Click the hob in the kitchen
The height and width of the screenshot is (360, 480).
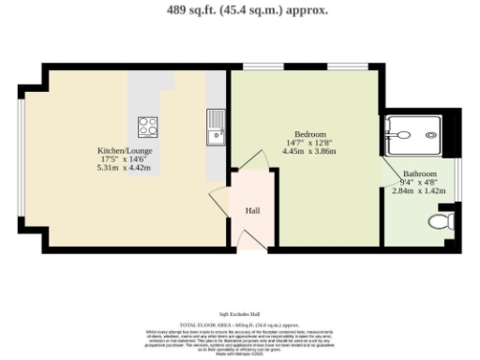[x=148, y=126]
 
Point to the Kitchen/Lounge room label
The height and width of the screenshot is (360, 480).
[x=126, y=150]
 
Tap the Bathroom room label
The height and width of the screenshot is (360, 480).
[x=420, y=174]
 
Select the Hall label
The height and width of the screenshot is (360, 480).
[x=252, y=211]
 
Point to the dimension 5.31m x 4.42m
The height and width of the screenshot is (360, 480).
[x=126, y=169]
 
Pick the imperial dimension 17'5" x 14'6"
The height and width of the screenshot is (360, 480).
[x=126, y=159]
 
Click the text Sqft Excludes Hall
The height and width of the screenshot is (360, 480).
[x=239, y=313]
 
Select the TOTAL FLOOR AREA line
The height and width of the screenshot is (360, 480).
[x=239, y=323]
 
